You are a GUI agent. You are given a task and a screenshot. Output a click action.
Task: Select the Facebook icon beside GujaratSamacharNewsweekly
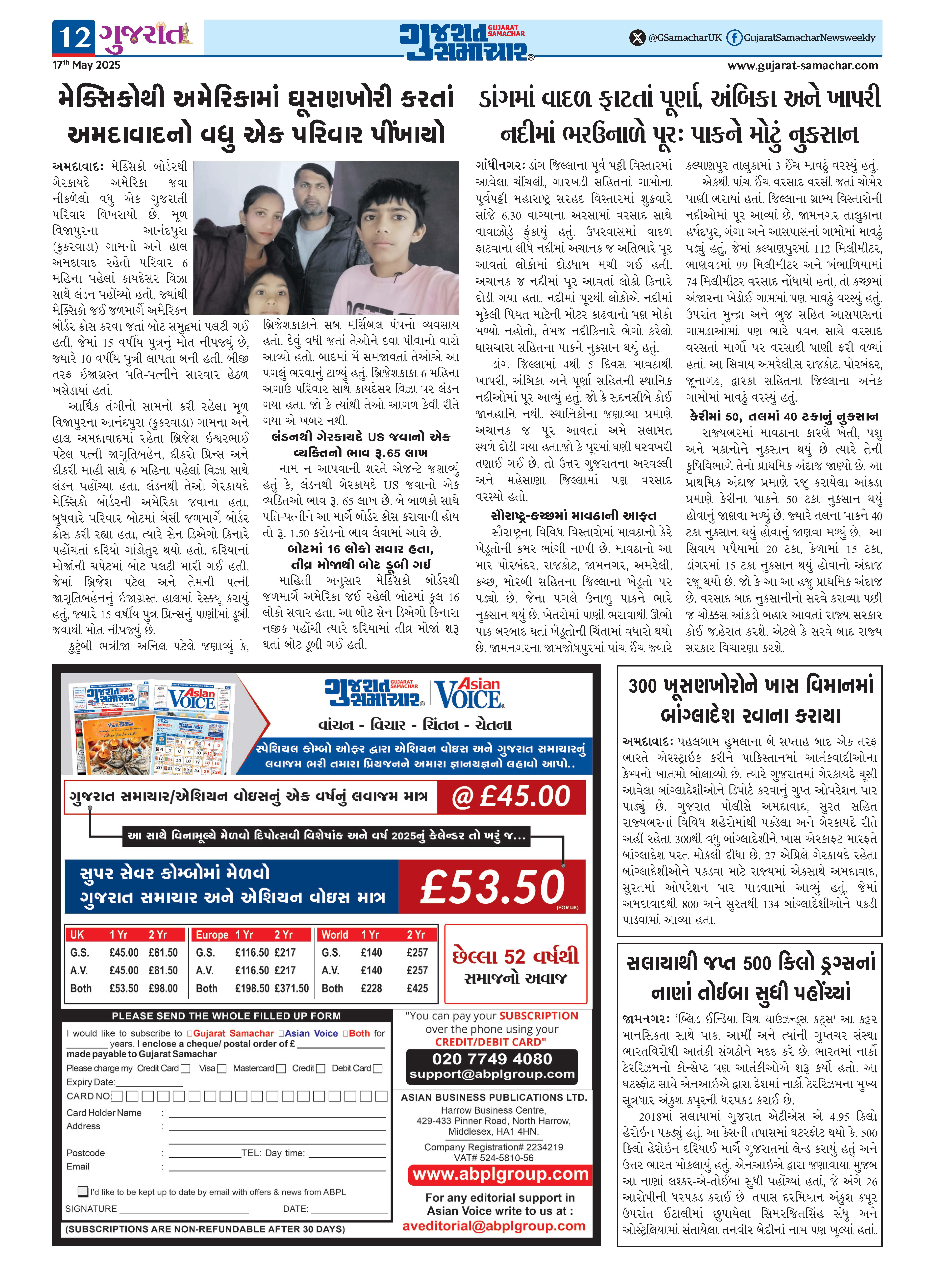click(734, 38)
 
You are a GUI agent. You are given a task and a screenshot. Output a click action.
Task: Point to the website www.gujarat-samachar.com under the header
click(802, 66)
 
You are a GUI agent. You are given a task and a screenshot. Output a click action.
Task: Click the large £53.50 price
click(492, 886)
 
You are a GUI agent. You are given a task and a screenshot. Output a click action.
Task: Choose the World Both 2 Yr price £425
click(417, 988)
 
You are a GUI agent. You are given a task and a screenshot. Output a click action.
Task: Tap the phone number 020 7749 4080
click(492, 1059)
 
